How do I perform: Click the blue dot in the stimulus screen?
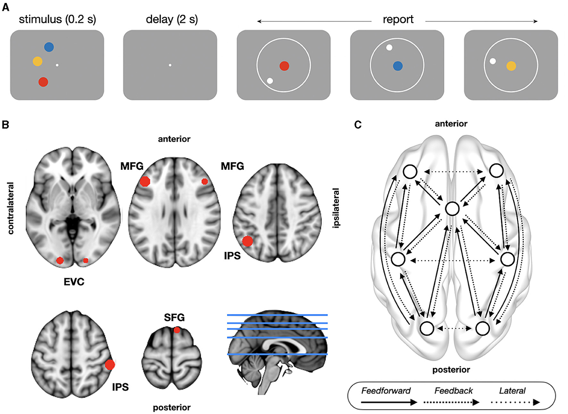pyautogui.click(x=49, y=47)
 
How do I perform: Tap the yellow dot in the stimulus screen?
pyautogui.click(x=37, y=61)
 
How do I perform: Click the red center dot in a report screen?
pyautogui.click(x=284, y=66)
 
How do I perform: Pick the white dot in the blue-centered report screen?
pyautogui.click(x=389, y=48)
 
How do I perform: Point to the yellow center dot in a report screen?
pyautogui.click(x=511, y=66)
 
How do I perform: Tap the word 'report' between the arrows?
pyautogui.click(x=397, y=20)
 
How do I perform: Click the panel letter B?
pyautogui.click(x=5, y=125)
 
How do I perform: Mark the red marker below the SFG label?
pyautogui.click(x=177, y=330)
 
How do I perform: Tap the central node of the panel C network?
pyautogui.click(x=452, y=209)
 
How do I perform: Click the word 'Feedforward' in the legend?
pyautogui.click(x=386, y=390)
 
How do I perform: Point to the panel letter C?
pyautogui.click(x=358, y=125)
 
